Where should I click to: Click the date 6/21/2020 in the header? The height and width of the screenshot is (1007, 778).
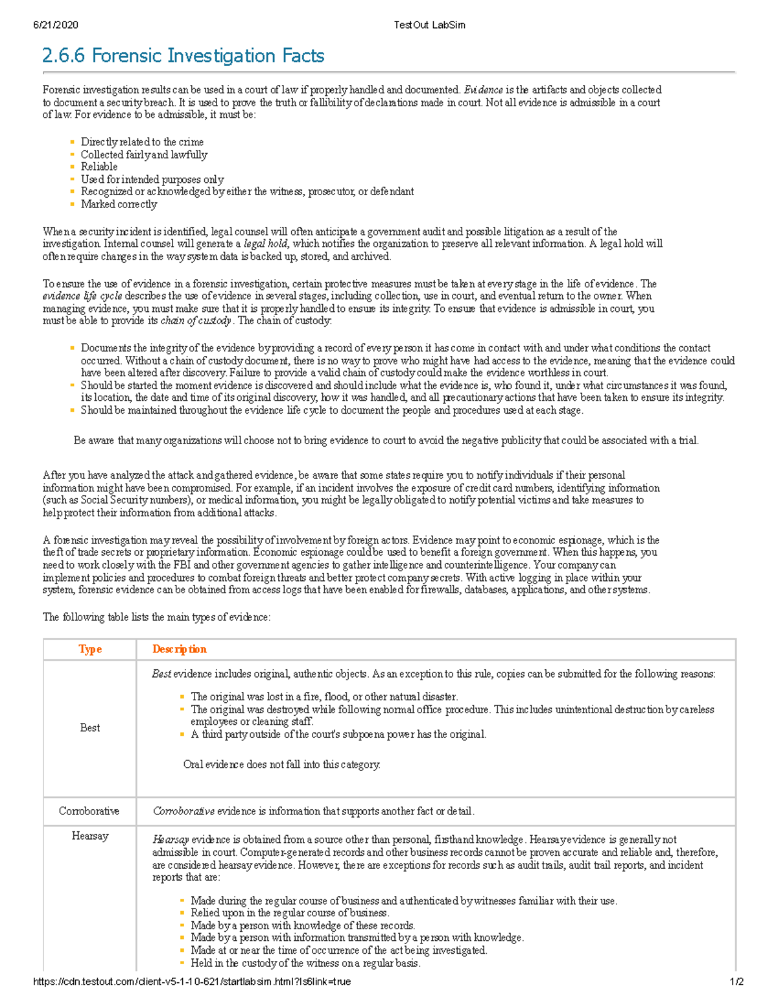[x=56, y=25]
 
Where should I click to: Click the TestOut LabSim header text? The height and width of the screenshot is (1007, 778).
[x=429, y=25]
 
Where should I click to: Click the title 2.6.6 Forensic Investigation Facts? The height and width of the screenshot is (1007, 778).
[x=183, y=56]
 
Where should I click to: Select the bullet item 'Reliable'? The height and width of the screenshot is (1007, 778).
[x=99, y=167]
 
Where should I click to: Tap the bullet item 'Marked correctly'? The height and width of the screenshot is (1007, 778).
[x=119, y=204]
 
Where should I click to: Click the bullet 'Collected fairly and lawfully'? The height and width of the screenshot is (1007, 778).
[x=144, y=154]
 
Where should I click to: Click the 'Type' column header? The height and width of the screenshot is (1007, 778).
[x=90, y=649]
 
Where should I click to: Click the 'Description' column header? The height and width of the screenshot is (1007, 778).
[x=180, y=649]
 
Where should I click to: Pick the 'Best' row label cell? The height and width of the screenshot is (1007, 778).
[x=90, y=728]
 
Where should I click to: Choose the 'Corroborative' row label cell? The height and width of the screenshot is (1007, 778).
[x=89, y=811]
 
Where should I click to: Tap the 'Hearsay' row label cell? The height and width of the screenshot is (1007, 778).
[x=90, y=836]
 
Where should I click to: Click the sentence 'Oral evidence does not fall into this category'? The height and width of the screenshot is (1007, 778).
[x=281, y=764]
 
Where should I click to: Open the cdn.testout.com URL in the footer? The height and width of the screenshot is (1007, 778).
[x=192, y=982]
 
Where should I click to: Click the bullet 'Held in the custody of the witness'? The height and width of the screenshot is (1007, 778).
[x=305, y=963]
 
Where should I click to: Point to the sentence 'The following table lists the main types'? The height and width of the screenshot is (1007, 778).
[x=156, y=617]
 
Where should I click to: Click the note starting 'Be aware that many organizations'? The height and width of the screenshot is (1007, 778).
[x=386, y=440]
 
